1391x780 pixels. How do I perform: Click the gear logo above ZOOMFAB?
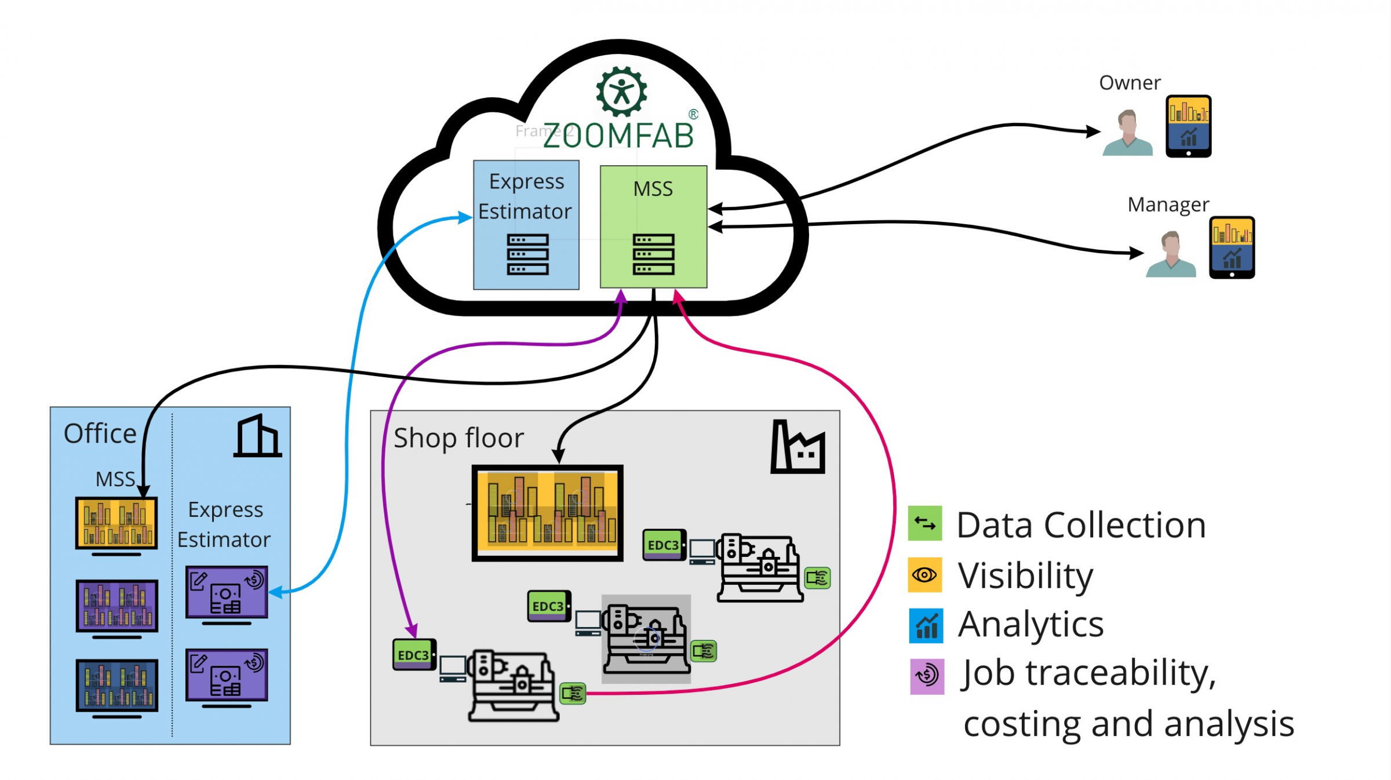click(x=621, y=92)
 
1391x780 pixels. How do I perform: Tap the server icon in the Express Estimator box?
click(x=527, y=254)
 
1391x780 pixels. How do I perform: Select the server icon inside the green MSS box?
click(x=653, y=254)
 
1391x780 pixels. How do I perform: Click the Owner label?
click(x=1130, y=83)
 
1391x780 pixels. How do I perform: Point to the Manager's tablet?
click(x=1232, y=247)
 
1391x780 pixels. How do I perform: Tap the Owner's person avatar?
click(x=1127, y=133)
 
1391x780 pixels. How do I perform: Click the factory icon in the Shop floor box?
click(x=798, y=447)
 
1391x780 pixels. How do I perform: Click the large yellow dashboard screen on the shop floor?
click(x=547, y=513)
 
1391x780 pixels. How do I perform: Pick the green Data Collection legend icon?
click(x=924, y=523)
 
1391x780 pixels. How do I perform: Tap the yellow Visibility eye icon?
click(x=924, y=574)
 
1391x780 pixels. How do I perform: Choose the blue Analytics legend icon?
click(x=926, y=625)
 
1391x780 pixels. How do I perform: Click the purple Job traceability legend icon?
click(x=927, y=676)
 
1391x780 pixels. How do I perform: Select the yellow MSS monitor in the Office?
click(x=116, y=523)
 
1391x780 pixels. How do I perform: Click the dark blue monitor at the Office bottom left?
click(x=116, y=686)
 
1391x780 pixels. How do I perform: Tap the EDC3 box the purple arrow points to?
click(x=414, y=655)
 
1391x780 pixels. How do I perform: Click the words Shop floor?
click(x=458, y=438)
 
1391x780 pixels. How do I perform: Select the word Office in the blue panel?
click(x=100, y=433)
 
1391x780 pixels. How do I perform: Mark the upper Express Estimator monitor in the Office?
click(x=227, y=592)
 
